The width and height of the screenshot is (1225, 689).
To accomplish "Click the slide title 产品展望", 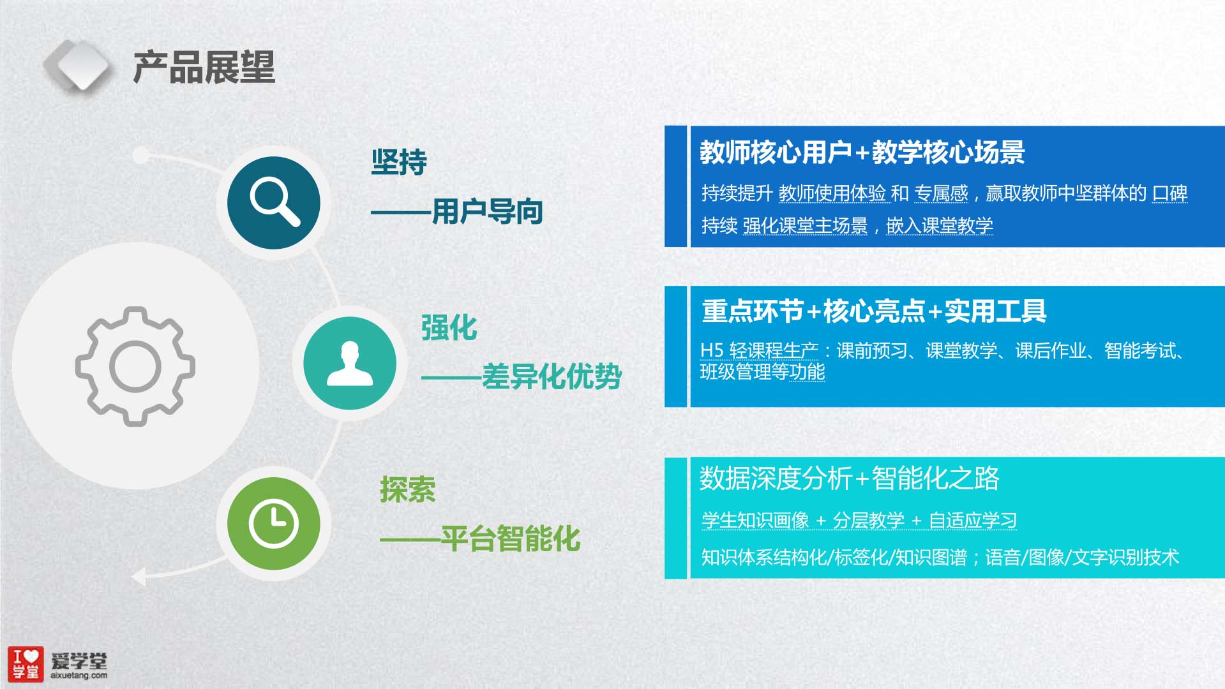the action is point(204,67).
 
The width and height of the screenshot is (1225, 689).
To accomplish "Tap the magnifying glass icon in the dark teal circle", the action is point(275,202).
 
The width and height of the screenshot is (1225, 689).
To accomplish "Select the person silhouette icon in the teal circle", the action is point(350,364).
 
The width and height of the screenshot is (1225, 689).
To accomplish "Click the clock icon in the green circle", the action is point(274,524).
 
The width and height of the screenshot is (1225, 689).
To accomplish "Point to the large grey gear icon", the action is point(135,366).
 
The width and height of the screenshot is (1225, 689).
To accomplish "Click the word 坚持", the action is point(399,162).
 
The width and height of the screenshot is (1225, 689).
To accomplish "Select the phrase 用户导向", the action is point(487,211).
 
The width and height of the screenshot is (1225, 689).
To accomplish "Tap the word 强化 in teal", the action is point(449,328).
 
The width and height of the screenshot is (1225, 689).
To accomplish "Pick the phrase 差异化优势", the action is point(552,376).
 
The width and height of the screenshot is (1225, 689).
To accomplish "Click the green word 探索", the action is point(408,490).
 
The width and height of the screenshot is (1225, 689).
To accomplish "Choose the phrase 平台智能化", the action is point(511,538).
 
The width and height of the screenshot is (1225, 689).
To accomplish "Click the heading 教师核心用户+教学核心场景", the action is point(862,152).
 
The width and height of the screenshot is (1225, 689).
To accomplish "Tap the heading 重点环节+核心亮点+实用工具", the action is point(874,311).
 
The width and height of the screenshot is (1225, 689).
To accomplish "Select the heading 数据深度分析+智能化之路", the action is point(850,478).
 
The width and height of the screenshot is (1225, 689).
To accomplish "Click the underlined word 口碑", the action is point(1169,193).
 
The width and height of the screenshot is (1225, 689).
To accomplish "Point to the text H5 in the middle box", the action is point(712,350).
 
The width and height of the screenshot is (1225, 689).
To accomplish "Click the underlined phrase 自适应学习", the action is point(973,521).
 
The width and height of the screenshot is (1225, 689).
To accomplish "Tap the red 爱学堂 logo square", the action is point(26,663).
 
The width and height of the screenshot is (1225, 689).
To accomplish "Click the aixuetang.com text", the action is point(79,676).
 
